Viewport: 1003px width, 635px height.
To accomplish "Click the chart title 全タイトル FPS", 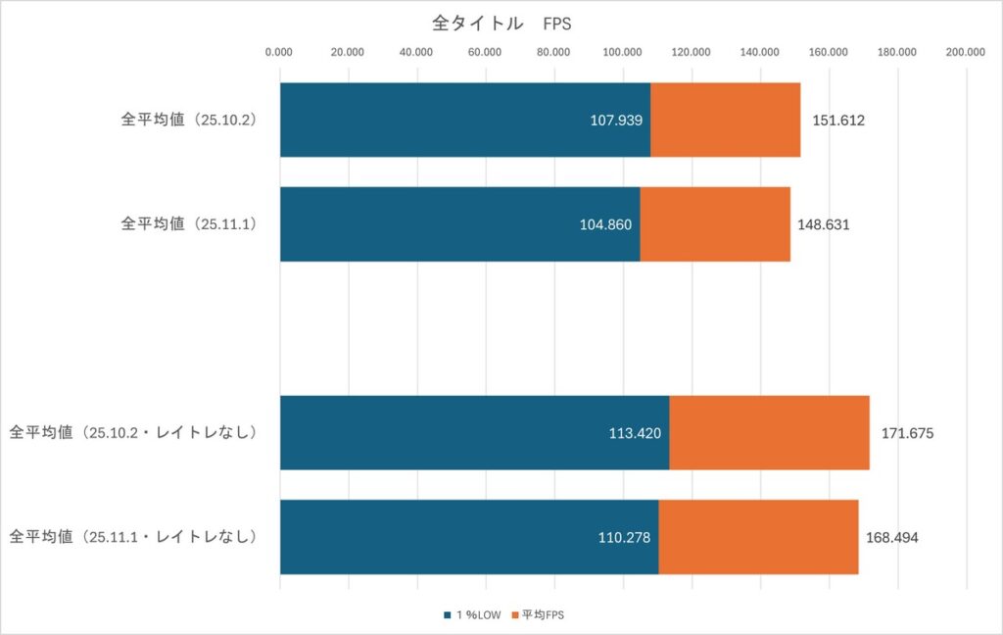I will (501, 24).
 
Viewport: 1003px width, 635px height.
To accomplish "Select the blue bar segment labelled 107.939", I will (465, 120).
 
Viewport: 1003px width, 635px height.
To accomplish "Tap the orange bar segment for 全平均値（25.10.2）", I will (725, 120).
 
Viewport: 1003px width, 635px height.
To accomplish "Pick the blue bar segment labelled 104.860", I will (459, 223).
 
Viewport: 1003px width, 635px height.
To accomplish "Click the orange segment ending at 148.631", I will (714, 223).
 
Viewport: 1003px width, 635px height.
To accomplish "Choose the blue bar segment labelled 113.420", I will (474, 432).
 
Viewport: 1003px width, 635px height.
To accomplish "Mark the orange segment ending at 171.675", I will (769, 432).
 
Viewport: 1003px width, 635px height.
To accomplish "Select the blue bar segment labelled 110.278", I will (469, 536).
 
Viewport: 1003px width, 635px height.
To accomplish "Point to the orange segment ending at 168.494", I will (758, 536).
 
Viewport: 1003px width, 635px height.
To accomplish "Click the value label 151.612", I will (838, 121).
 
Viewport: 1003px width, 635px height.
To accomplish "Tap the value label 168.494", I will (891, 537).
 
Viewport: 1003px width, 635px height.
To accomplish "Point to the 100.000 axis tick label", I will (623, 53).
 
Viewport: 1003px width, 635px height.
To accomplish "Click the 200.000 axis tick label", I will (966, 53).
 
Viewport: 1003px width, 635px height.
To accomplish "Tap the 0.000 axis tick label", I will (280, 53).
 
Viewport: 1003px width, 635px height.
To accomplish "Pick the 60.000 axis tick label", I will (486, 53).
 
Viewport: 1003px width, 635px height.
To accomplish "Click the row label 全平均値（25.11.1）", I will (188, 223).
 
